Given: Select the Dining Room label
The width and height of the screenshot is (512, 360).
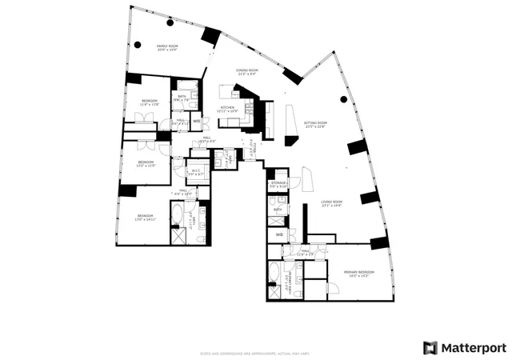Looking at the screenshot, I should [x=246, y=72].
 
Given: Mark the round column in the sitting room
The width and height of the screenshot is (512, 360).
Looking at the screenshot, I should [x=344, y=99].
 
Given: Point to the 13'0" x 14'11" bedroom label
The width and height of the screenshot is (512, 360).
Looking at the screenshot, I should [x=145, y=217].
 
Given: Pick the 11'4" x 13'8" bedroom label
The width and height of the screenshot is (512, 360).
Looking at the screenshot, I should [x=150, y=103].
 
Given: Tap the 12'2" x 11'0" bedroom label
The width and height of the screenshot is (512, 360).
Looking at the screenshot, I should [x=146, y=164].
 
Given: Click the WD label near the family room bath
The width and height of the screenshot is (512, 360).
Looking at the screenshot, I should [x=196, y=122].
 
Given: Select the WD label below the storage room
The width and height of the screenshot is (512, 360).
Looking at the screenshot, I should [x=279, y=234].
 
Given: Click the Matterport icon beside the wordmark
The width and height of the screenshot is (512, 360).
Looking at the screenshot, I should [x=430, y=347].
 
